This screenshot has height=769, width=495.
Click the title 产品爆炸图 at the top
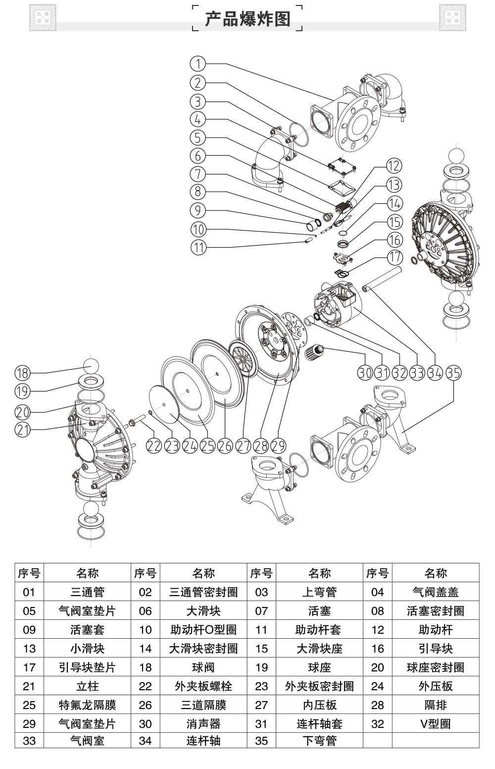[247, 19]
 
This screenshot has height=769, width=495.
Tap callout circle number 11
[198, 247]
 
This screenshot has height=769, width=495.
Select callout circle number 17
[395, 257]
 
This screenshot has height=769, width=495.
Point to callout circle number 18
[23, 373]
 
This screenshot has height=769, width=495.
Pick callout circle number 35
[453, 372]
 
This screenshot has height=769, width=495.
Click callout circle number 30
[365, 372]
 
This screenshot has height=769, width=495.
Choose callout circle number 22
[154, 445]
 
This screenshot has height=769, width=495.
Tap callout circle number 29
[278, 445]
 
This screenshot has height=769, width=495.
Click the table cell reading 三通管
[87, 592]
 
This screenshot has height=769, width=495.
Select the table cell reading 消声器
[203, 724]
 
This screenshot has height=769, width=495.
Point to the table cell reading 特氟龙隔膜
[87, 705]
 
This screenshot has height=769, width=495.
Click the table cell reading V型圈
[436, 724]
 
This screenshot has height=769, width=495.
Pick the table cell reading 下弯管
[319, 741]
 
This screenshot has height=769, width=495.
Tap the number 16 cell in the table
[378, 649]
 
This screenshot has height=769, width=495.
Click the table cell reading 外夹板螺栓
[203, 686]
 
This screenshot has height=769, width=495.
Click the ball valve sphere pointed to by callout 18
[91, 366]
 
